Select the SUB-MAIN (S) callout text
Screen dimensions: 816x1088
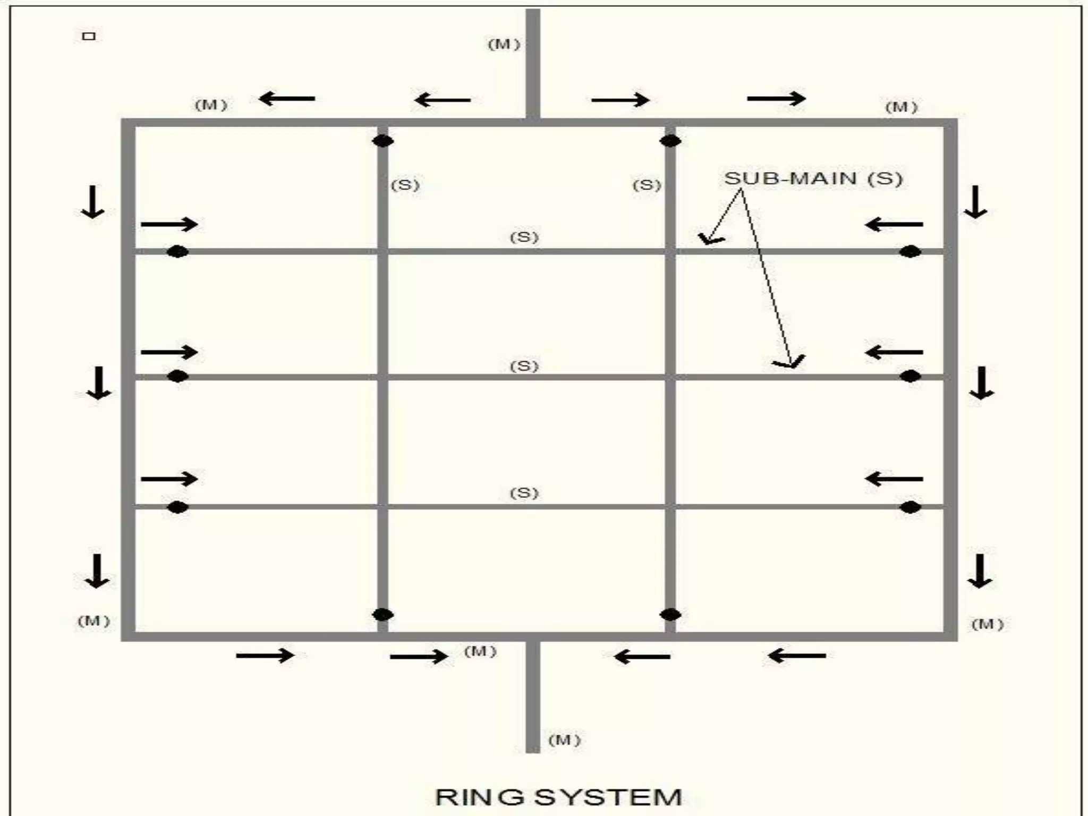813,178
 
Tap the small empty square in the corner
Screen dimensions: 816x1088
89,36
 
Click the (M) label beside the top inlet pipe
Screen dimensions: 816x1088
504,45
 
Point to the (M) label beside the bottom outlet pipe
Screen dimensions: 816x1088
564,740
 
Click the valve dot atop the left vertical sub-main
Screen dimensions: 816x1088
382,141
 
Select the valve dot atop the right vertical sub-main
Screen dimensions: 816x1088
670,141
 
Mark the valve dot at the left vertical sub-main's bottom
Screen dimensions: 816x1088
382,615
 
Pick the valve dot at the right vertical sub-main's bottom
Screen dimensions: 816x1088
670,615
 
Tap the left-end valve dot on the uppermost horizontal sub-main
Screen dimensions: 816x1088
177,251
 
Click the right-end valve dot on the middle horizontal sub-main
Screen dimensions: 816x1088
910,377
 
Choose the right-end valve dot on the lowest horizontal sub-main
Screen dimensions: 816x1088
910,507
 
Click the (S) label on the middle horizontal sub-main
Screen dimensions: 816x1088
524,366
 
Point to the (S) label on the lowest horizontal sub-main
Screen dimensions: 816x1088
524,493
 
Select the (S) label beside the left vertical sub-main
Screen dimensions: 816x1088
405,185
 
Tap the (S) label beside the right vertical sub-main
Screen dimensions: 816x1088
647,185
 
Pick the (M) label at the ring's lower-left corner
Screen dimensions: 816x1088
94,621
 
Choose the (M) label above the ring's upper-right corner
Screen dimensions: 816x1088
901,107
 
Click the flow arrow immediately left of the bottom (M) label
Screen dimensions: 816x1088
419,657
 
